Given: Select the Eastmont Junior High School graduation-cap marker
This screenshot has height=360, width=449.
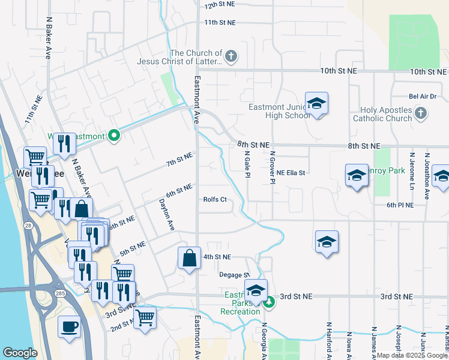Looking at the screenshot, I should [x=316, y=103].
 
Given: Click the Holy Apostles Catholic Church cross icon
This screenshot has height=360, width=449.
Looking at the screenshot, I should [x=421, y=113].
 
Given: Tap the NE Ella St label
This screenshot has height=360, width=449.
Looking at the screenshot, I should [x=291, y=173].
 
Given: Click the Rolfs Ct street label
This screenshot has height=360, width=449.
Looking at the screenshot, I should [x=215, y=200].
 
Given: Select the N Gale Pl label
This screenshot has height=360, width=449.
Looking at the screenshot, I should [x=247, y=163].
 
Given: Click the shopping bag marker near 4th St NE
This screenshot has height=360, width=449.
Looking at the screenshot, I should [x=189, y=259].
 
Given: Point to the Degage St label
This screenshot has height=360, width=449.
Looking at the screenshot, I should [x=234, y=275].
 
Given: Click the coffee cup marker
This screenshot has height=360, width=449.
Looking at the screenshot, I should [x=69, y=327].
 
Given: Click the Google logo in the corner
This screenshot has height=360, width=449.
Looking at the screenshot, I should [x=20, y=353].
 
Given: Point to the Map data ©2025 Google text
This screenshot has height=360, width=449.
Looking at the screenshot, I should [x=412, y=355].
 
